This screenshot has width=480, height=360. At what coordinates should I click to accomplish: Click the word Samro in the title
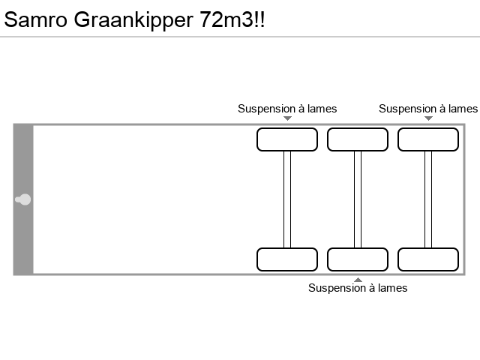(36, 20)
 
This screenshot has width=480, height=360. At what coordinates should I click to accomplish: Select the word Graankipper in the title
(134, 20)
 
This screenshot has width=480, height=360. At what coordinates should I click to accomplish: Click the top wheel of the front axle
(287, 139)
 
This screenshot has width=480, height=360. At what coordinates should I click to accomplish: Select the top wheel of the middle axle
(358, 139)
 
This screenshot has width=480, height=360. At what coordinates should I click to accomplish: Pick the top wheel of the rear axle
(428, 139)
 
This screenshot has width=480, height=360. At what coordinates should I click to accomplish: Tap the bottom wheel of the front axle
(287, 259)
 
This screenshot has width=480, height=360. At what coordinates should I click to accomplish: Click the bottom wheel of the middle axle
(358, 259)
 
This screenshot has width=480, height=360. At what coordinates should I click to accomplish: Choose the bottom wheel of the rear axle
(428, 259)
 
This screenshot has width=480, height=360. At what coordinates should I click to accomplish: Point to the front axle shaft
(287, 199)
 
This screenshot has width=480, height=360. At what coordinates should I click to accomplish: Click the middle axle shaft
(358, 199)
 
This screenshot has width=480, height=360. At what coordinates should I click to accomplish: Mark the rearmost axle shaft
(428, 199)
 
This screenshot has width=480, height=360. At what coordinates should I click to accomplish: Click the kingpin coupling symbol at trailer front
(23, 199)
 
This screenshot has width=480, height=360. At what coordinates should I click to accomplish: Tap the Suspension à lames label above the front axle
(287, 109)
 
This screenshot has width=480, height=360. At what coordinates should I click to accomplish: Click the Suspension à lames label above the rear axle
(428, 109)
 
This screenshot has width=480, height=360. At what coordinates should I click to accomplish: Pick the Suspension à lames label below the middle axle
(358, 288)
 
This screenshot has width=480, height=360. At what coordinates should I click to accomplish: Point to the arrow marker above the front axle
(287, 118)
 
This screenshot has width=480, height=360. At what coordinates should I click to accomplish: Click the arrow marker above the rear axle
(428, 118)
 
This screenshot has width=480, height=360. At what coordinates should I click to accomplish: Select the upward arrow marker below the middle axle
(358, 280)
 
